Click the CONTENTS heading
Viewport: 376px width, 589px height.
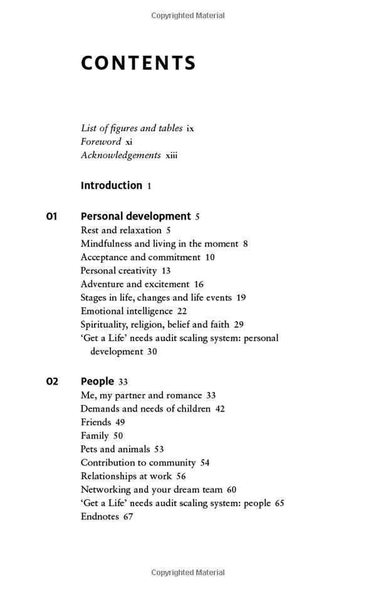(138, 63)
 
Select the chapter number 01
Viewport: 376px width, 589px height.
(51, 216)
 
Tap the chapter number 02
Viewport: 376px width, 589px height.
(51, 381)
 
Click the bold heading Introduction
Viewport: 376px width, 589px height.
(112, 186)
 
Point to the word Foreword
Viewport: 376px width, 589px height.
(101, 142)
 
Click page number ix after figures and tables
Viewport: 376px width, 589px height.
(190, 129)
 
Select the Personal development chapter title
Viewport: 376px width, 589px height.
(135, 216)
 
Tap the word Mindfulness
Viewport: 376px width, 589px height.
(106, 243)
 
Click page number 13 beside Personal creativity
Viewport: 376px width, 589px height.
(166, 271)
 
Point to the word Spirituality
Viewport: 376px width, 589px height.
(105, 324)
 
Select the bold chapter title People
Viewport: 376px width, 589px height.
(97, 381)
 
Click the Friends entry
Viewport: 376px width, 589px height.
(95, 422)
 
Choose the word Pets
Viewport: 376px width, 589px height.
(89, 449)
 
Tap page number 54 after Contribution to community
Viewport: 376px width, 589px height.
(205, 463)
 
